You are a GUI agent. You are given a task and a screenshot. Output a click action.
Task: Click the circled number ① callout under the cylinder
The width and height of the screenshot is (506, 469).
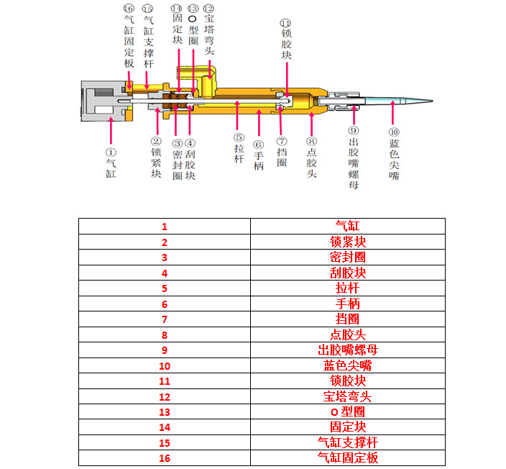(111, 152)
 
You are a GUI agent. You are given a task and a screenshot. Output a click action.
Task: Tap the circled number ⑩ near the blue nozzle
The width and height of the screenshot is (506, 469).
(394, 132)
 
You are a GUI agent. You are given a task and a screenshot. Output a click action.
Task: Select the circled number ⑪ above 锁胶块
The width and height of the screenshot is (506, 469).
(285, 23)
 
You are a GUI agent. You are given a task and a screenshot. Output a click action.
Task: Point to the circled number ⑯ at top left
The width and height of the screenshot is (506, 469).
(129, 8)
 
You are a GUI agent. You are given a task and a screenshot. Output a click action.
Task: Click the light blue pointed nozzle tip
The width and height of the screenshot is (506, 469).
(398, 101)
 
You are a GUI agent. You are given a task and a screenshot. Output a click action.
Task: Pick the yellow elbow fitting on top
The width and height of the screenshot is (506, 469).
(200, 81)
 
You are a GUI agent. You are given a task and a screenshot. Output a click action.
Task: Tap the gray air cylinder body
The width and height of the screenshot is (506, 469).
(103, 101)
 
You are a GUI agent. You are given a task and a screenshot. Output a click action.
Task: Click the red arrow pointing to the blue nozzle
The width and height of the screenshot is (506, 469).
(392, 113)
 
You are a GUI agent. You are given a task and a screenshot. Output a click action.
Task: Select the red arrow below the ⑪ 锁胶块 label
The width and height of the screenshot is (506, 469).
(287, 80)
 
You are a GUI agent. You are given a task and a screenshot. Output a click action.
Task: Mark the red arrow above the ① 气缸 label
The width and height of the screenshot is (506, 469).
(111, 131)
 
